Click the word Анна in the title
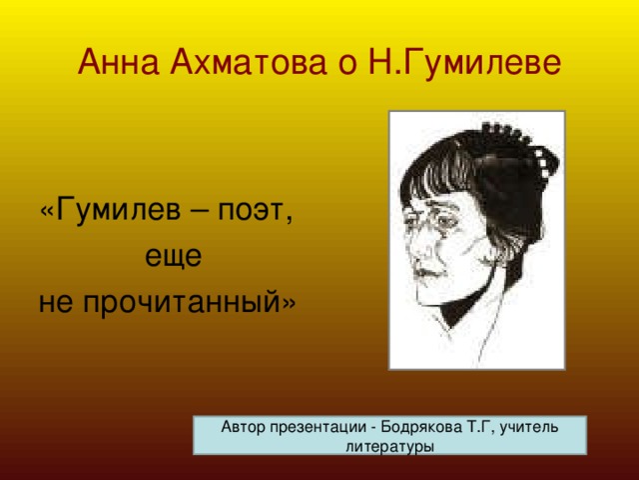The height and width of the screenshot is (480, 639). [x=118, y=62]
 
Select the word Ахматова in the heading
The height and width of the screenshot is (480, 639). [x=249, y=62]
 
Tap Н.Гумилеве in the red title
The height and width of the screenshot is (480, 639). [x=465, y=63]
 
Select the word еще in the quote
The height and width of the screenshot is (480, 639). [x=174, y=256]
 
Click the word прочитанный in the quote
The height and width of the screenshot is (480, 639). [x=182, y=302]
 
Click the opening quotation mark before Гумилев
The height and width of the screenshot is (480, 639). [x=47, y=212]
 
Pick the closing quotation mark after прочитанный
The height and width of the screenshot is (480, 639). [x=289, y=304]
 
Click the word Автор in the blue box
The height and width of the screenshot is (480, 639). [x=243, y=427]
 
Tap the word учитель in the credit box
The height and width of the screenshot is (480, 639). [x=529, y=428]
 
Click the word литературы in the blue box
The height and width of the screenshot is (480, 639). [x=389, y=446]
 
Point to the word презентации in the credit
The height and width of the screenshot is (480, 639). [x=318, y=428]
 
